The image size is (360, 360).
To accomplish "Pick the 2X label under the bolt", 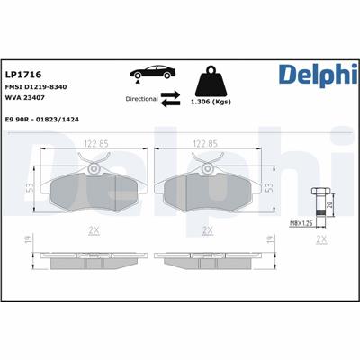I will click(321, 241).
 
